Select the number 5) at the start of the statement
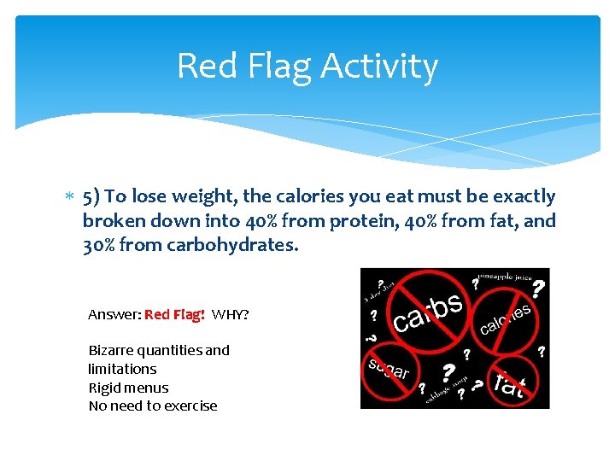(x=92, y=196)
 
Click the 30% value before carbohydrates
(x=99, y=246)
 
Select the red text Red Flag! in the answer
(x=174, y=314)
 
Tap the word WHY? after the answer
(x=231, y=314)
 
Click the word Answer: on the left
(x=114, y=314)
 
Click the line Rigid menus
(x=128, y=388)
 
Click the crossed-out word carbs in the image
(x=428, y=312)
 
